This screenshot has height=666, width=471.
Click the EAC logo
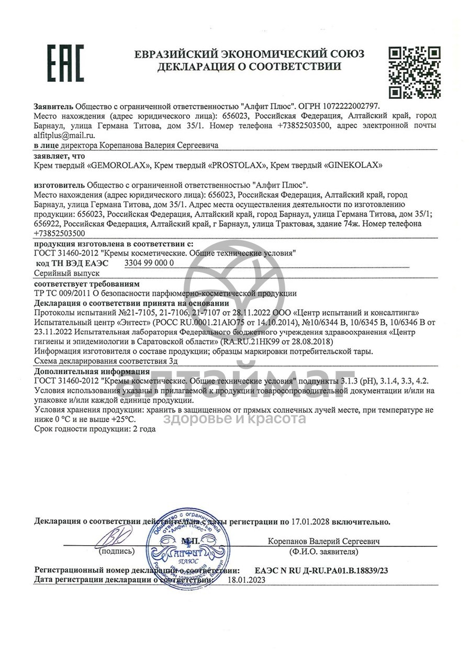pyautogui.click(x=66, y=63)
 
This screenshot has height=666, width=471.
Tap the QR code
pyautogui.click(x=414, y=72)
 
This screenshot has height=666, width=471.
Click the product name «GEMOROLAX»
pyautogui.click(x=120, y=165)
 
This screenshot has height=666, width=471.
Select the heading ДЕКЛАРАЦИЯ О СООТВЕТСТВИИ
pyautogui.click(x=249, y=66)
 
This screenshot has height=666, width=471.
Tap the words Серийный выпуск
pyautogui.click(x=66, y=273)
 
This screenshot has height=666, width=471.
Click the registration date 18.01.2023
pyautogui.click(x=246, y=580)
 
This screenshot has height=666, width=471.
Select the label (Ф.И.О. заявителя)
pyautogui.click(x=323, y=551)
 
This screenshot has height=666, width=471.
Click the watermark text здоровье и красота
pyautogui.click(x=235, y=419)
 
